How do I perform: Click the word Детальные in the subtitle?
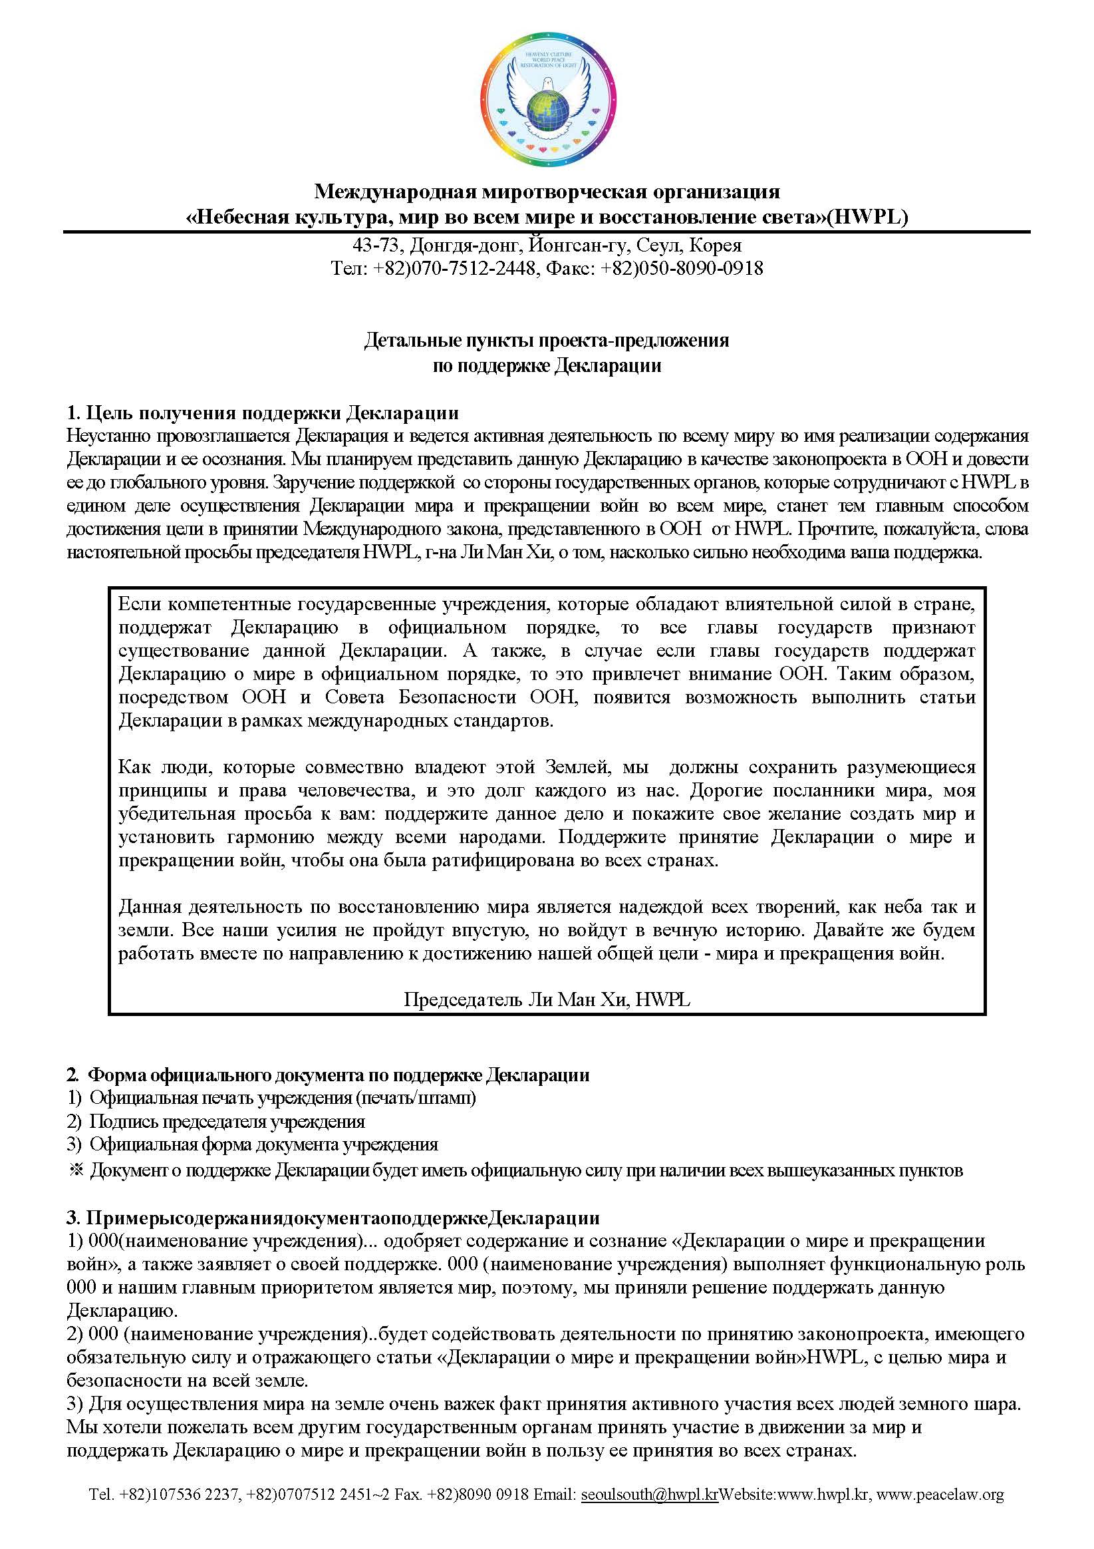coord(413,340)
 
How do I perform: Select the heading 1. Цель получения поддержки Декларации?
coord(263,413)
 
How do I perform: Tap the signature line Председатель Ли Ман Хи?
coord(546,999)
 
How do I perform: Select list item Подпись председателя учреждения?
coord(227,1122)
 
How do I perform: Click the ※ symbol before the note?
coord(75,1170)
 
